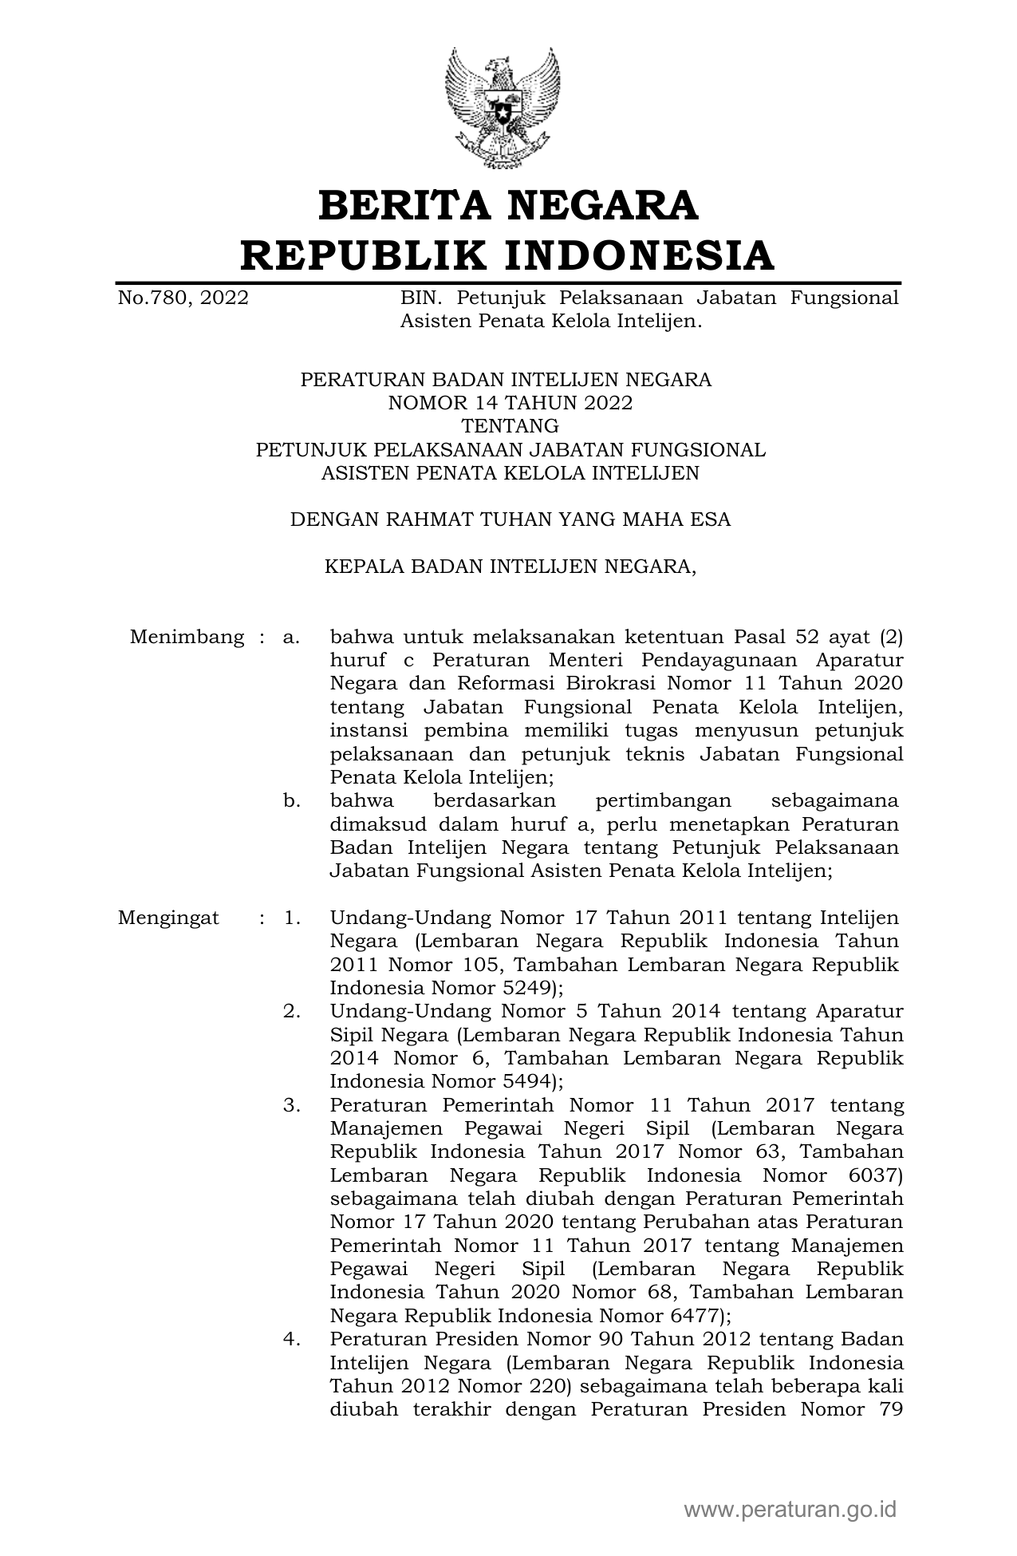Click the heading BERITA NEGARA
click(508, 205)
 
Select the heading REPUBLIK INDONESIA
click(508, 255)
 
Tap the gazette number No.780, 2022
click(183, 298)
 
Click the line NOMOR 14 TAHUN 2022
click(510, 403)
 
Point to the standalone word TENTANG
click(510, 426)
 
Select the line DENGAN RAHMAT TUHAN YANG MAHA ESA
click(510, 520)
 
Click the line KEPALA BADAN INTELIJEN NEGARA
click(510, 567)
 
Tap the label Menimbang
click(187, 638)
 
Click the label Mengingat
click(168, 918)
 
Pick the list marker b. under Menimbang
click(291, 800)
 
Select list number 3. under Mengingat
click(291, 1105)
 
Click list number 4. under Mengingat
click(291, 1339)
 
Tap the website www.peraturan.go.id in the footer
click(790, 1510)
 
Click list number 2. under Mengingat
click(291, 1012)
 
